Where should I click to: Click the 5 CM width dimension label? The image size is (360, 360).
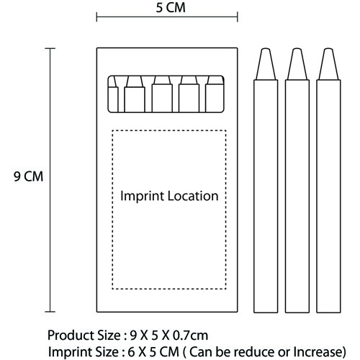pos(171,8)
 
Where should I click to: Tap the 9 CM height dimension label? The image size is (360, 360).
pos(28,176)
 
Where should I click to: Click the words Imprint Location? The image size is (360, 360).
pos(169,196)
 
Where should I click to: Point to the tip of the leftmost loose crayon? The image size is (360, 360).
pos(266,49)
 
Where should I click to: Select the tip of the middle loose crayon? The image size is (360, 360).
pos(297,49)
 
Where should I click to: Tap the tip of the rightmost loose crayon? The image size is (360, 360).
pos(328,49)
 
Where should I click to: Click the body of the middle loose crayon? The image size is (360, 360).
pos(297,197)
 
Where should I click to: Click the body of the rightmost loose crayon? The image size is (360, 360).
pos(328,197)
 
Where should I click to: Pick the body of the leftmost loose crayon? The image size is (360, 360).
pos(266,197)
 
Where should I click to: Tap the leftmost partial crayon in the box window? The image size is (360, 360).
pos(113,96)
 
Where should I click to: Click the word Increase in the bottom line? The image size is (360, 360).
pos(320,352)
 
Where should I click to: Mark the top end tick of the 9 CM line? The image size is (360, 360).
pos(50,48)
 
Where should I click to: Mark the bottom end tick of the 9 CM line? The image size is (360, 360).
pos(50,312)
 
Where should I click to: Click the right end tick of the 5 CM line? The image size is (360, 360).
pos(238,17)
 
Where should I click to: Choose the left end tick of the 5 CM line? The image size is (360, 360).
pos(96,17)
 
